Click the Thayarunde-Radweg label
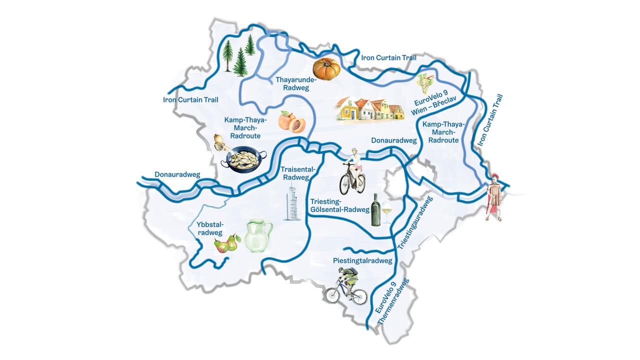[296, 83]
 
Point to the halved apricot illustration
[292, 121]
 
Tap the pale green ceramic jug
[258, 235]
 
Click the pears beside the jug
[225, 243]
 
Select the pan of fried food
[244, 160]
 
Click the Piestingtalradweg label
[362, 260]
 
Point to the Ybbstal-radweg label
[210, 228]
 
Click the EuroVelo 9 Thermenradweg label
[392, 305]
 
